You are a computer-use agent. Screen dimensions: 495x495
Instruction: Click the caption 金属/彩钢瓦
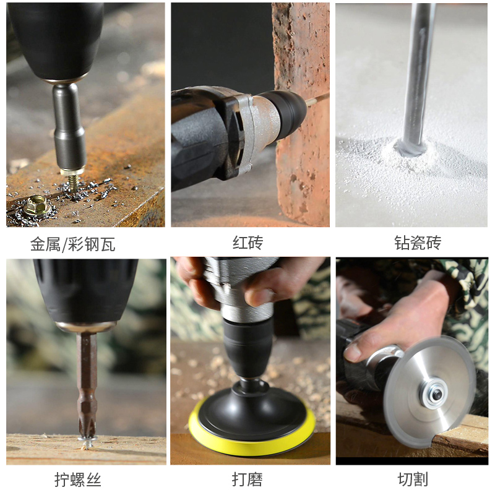click(73, 244)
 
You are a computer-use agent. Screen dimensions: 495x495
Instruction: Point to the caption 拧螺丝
click(77, 480)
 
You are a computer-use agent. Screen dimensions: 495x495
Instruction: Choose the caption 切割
click(413, 480)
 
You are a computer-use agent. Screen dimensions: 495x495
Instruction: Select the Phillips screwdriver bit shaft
click(87, 377)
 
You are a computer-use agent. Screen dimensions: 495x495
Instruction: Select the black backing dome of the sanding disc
click(251, 408)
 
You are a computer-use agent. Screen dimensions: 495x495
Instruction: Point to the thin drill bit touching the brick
click(317, 98)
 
